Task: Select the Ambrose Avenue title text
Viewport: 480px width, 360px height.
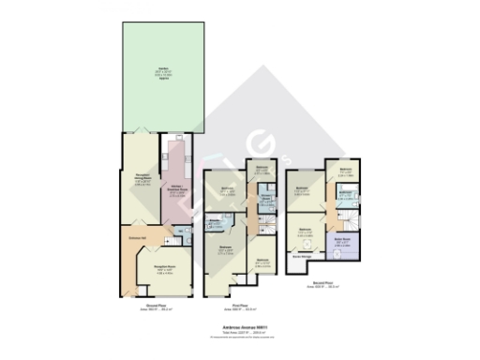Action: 240,327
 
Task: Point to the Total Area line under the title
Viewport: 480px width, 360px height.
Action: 240,333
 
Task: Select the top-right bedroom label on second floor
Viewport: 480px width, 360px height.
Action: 344,172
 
